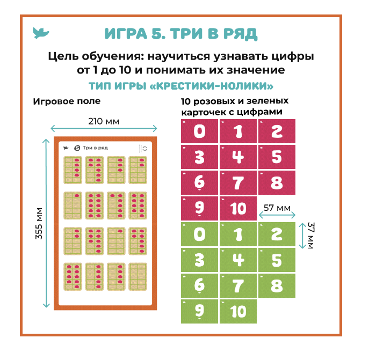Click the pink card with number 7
(x=238, y=182)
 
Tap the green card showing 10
(x=238, y=311)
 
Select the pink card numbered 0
(x=199, y=131)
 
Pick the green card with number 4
(x=238, y=260)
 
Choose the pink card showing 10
(x=238, y=208)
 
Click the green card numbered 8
(x=277, y=286)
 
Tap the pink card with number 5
(x=277, y=157)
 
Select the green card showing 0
(x=199, y=234)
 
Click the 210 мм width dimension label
(x=104, y=121)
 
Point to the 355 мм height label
(x=39, y=224)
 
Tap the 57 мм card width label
(x=277, y=208)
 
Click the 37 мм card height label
(x=311, y=236)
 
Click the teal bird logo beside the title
(x=41, y=33)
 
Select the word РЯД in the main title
(x=241, y=34)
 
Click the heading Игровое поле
(x=67, y=101)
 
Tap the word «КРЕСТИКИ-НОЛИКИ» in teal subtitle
(x=211, y=86)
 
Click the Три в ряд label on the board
(x=95, y=148)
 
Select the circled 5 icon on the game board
(x=77, y=148)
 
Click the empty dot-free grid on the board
(x=138, y=277)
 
